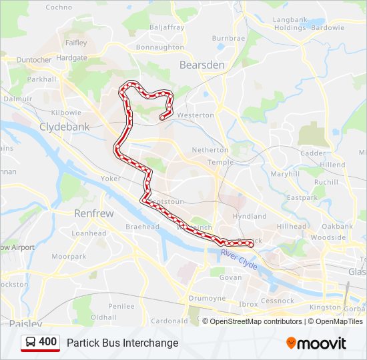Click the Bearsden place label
(x=202, y=65)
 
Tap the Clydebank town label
(x=64, y=126)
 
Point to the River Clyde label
(x=239, y=257)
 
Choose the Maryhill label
(x=285, y=174)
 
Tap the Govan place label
(x=230, y=277)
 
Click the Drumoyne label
(x=207, y=299)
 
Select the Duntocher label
(x=34, y=59)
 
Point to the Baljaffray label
(x=167, y=28)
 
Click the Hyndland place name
(x=250, y=217)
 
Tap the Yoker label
(x=111, y=179)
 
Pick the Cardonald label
(x=169, y=321)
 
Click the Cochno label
(x=59, y=7)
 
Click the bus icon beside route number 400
(x=31, y=343)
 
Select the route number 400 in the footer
(x=48, y=342)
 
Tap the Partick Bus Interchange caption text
(x=122, y=343)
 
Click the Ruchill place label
(x=326, y=182)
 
